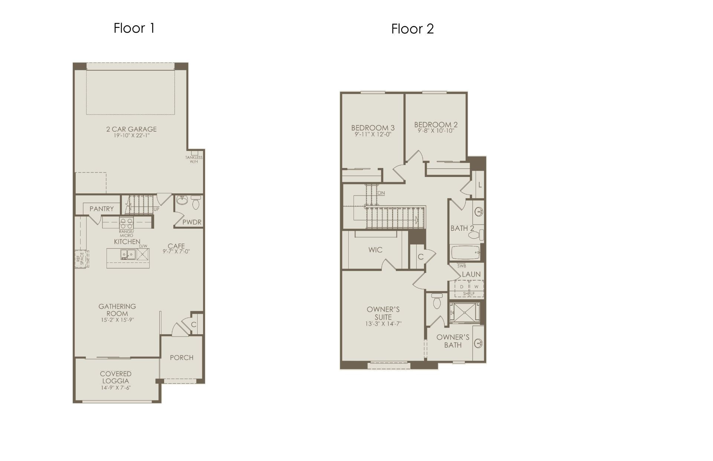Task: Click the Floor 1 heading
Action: coord(134,28)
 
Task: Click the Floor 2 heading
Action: coord(413,29)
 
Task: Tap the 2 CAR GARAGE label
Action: coord(131,129)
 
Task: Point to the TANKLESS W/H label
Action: coord(194,159)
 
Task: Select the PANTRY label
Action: coord(101,209)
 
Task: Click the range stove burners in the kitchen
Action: coord(126,223)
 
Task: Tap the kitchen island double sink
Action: coord(127,255)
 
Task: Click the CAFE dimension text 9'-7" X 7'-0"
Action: coord(176,251)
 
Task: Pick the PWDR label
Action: coord(192,222)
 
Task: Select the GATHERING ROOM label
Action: coord(117,310)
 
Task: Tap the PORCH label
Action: coord(182,358)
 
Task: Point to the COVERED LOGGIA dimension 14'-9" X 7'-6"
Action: coord(116,388)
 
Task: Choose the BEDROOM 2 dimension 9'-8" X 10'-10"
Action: coord(436,131)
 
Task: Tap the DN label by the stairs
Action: coord(381,193)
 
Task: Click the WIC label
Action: coord(375,250)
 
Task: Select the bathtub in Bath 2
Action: coord(465,253)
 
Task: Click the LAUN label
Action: coord(471,274)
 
